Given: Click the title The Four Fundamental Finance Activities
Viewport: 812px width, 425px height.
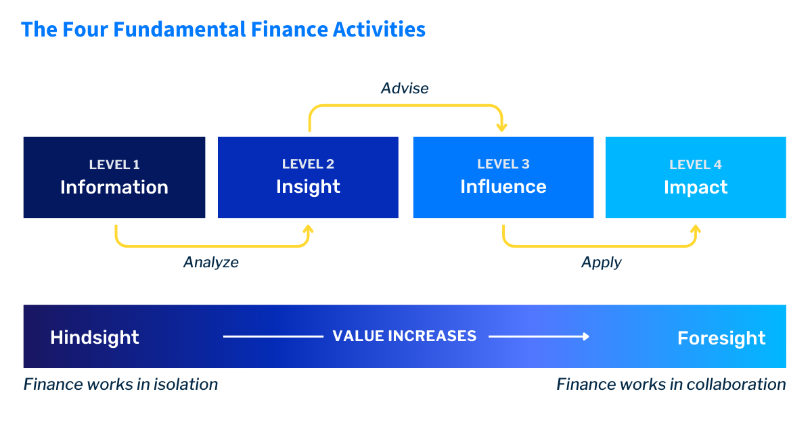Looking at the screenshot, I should [223, 30].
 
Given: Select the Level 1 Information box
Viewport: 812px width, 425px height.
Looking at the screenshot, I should [114, 177].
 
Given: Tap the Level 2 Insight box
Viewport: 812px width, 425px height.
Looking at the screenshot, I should [308, 177].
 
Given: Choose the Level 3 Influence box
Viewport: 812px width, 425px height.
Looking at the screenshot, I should [503, 177].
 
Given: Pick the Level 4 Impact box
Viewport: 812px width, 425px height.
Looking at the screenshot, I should [695, 177].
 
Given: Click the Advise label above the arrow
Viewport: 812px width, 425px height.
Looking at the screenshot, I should [405, 89].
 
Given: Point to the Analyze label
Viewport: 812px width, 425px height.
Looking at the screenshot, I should [211, 262].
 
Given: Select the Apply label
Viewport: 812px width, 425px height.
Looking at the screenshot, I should [601, 262].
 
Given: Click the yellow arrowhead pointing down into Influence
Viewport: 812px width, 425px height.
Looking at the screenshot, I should [501, 127].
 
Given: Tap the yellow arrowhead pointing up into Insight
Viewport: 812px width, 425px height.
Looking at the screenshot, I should [308, 229].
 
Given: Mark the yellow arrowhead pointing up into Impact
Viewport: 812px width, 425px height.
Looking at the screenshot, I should [695, 229].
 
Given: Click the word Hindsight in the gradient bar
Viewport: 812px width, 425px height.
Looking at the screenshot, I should [95, 338].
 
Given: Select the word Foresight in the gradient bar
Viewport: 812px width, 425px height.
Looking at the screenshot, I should [721, 338].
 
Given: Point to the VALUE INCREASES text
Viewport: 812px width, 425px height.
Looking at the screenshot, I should [405, 336].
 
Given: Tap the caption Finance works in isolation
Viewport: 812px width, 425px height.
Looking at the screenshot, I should [120, 385].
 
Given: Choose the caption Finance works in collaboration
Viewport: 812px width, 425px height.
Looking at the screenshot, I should [671, 385].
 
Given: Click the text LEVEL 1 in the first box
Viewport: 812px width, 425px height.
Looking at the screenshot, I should [114, 164].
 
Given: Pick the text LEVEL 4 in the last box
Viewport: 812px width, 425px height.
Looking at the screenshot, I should [695, 164].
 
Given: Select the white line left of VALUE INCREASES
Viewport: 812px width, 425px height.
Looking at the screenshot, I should [273, 336].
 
